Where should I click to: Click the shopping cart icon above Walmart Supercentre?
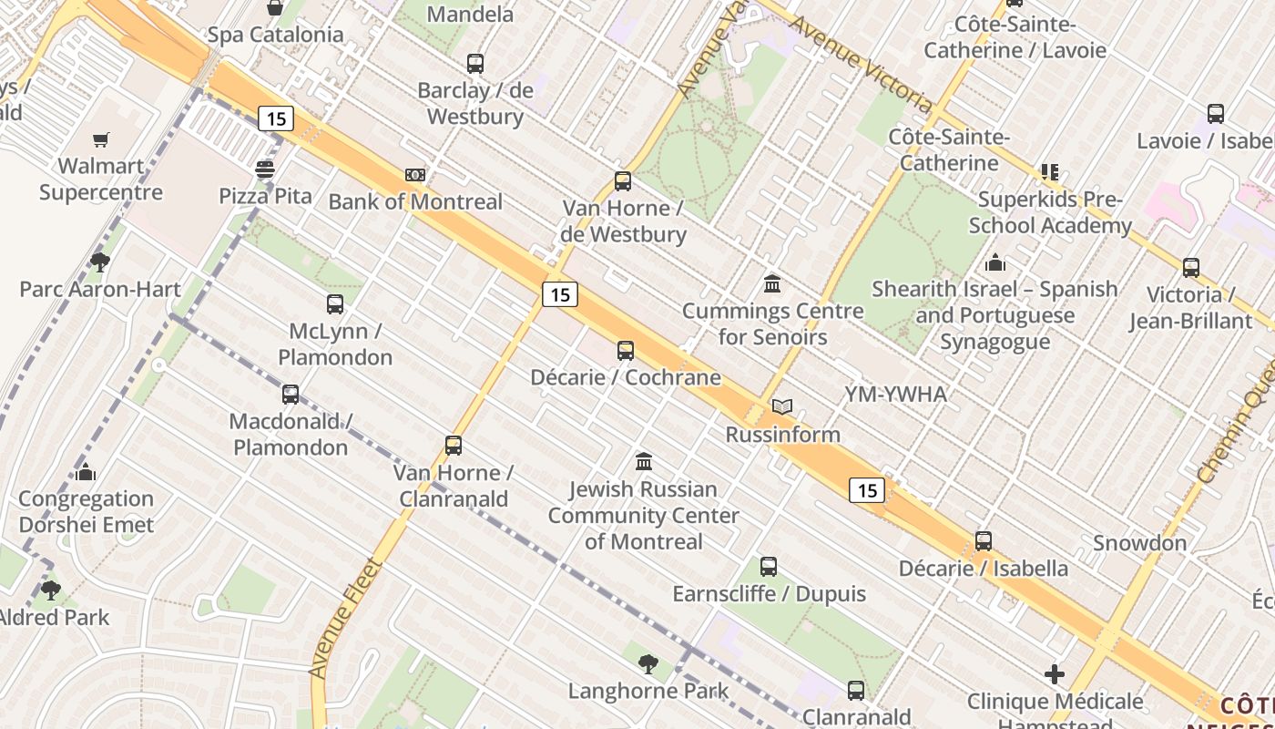point(100,139)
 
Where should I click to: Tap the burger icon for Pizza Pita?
point(265,169)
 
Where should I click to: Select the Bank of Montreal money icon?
point(415,175)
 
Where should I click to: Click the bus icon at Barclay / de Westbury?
point(475,64)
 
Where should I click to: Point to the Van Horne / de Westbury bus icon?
point(623,181)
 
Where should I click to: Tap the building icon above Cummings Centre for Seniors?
point(772,284)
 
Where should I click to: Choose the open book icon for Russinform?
point(782,407)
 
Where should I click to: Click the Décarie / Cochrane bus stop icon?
point(626,351)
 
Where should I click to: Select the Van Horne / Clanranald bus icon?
point(454,446)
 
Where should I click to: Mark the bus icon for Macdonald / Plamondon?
point(291,395)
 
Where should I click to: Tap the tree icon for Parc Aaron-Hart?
point(100,262)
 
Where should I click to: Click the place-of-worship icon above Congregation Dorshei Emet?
point(87,472)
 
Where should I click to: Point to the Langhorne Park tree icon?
point(648,664)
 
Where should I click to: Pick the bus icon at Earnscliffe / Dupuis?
point(769,567)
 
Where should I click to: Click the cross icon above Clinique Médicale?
point(1055,674)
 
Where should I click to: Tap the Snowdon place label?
point(1139,543)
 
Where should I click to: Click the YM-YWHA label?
point(895,395)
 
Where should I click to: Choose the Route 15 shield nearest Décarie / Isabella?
point(867,490)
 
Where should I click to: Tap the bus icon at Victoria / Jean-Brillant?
point(1191,268)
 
